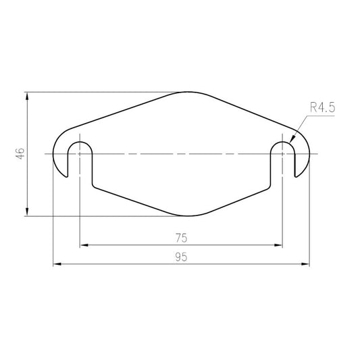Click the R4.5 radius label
coord(322,107)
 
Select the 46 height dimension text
coord(20,153)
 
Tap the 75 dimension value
coord(182,238)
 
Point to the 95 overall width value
coord(182,257)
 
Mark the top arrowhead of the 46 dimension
coord(27,96)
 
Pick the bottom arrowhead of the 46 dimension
coord(27,212)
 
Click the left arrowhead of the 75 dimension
coord(84,245)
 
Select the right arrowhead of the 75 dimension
coord(278,245)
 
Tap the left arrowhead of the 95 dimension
coord(57,264)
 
